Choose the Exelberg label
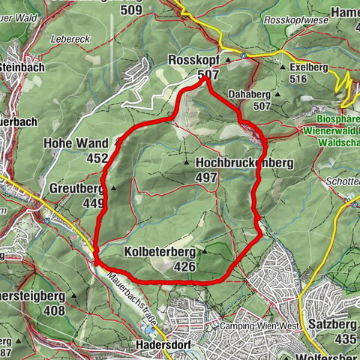point(308,67)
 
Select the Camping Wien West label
point(258,326)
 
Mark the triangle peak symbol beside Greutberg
point(113,188)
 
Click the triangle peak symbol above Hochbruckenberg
point(186,162)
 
